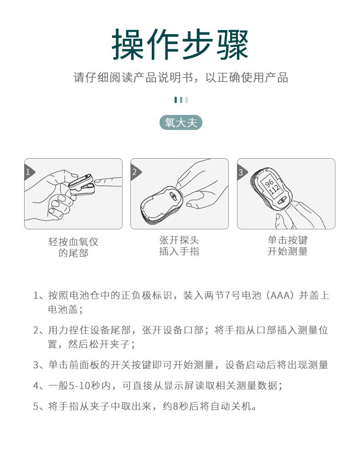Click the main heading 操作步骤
point(180,44)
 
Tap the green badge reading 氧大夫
point(181,123)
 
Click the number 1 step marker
point(29,172)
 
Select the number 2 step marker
point(135,172)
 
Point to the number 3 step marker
point(241,172)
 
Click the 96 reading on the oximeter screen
point(269,183)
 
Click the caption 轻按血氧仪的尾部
point(73,247)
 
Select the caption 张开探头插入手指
point(179,246)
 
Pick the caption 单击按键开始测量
point(288,246)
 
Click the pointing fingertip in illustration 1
point(98,182)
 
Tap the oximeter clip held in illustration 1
point(82,184)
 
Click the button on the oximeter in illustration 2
point(173,196)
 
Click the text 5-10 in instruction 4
point(79,385)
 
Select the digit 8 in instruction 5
point(176,406)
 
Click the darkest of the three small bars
point(175,100)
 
